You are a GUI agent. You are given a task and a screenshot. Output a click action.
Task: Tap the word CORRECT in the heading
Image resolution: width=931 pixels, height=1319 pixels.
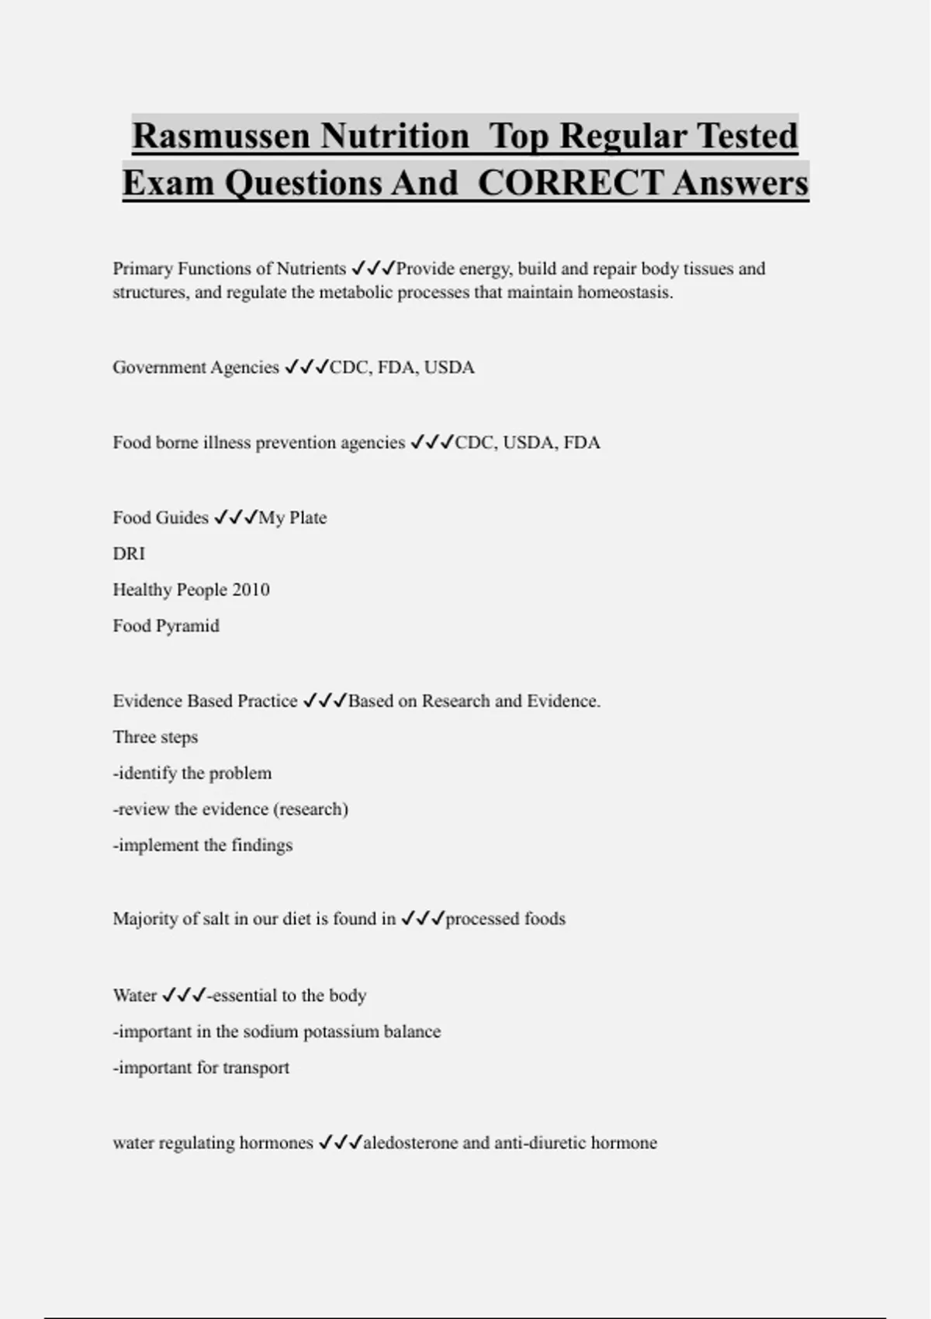tap(569, 183)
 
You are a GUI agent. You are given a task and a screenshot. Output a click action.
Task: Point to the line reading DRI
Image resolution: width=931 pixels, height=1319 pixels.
tap(129, 553)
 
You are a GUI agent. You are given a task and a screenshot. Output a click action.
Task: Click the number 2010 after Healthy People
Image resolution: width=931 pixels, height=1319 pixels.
tap(251, 590)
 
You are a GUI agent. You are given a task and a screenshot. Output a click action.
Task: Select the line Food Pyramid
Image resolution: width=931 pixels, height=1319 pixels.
tap(166, 625)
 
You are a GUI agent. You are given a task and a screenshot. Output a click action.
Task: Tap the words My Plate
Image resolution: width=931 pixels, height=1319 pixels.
tap(292, 518)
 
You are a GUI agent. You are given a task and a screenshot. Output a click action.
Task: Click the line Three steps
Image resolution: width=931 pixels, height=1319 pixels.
tap(155, 737)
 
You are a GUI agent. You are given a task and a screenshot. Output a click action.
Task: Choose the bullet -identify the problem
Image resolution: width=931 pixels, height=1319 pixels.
tap(192, 773)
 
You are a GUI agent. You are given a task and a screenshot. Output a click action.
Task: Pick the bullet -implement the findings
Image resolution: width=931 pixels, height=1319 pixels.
tap(202, 845)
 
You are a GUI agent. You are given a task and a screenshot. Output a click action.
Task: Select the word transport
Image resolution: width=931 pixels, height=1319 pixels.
tap(255, 1068)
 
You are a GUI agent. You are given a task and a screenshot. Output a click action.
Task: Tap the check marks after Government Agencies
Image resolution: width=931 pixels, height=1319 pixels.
tap(306, 367)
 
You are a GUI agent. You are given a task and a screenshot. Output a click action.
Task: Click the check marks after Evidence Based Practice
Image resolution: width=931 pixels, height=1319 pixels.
tap(325, 701)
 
